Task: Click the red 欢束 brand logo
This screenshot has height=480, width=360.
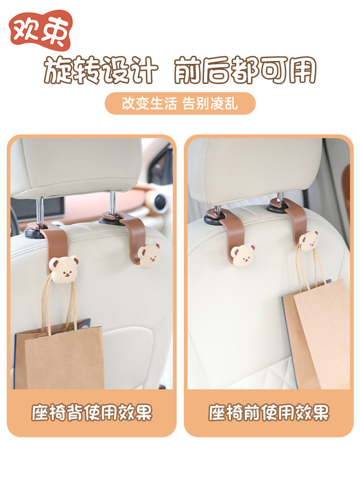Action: (41, 30)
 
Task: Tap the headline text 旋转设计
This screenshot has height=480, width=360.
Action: (101, 70)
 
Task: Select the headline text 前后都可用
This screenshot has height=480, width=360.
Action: (245, 70)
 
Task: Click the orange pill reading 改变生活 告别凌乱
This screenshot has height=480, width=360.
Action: (180, 104)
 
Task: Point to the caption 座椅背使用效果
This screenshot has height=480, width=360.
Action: (92, 412)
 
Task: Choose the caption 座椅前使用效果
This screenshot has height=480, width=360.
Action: (269, 412)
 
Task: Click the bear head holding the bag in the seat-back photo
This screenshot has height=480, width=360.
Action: (64, 269)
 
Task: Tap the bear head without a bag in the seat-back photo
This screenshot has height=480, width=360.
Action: (148, 255)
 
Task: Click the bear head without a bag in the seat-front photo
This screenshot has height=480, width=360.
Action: (243, 255)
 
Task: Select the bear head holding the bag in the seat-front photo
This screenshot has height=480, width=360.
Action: (309, 240)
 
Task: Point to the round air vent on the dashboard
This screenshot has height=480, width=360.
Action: (159, 202)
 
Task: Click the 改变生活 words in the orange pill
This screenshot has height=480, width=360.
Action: (149, 104)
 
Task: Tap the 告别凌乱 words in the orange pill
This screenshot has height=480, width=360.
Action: (210, 104)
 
